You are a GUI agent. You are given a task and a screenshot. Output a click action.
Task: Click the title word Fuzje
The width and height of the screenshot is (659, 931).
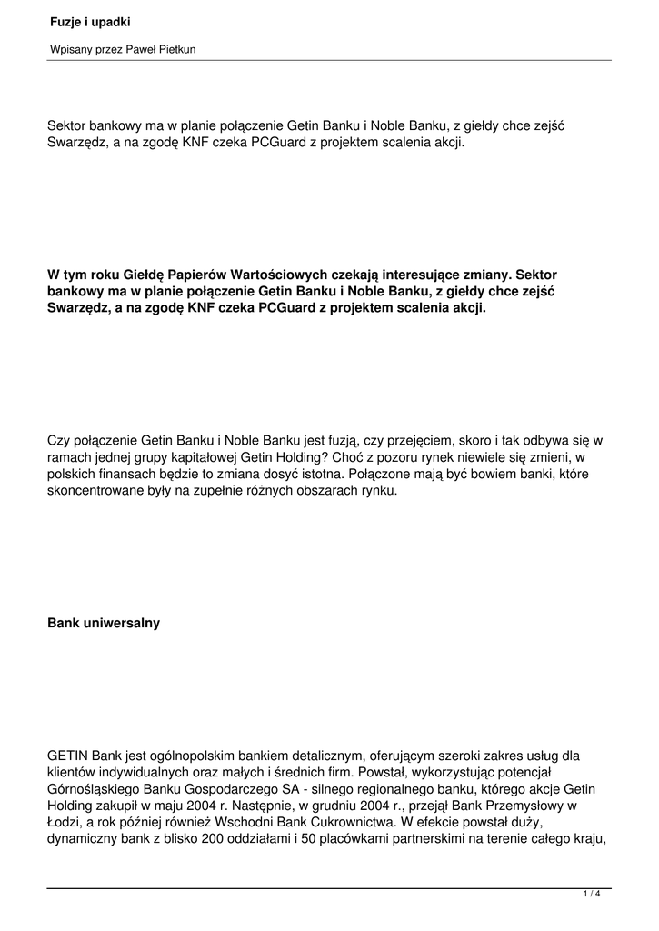pos(65,21)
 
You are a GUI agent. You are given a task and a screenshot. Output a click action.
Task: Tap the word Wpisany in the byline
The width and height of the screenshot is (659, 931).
pos(69,50)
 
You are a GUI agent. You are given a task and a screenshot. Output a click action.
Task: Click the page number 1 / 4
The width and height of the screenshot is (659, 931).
pos(592,896)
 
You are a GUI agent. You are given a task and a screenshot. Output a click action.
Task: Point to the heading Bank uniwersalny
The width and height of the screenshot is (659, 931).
pos(104,624)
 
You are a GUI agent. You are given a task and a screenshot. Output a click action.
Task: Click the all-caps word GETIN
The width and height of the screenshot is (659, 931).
pos(66,756)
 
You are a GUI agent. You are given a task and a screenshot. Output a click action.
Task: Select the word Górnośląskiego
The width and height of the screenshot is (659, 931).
pos(95,789)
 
